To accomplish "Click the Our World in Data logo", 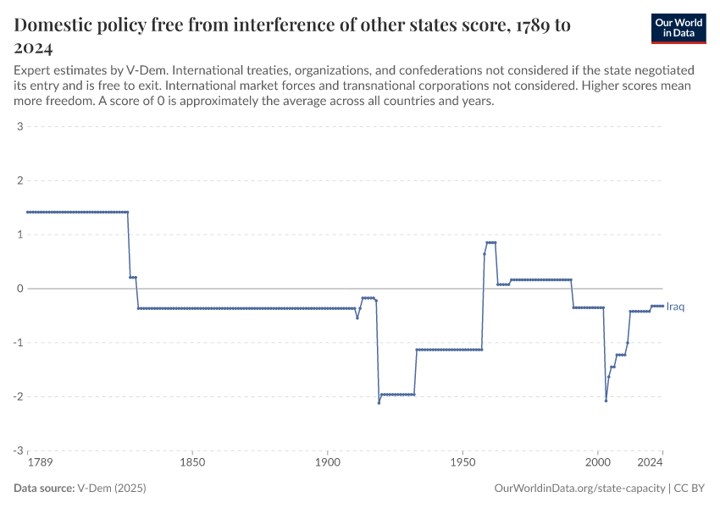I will [678, 28].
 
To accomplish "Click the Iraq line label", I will [676, 306].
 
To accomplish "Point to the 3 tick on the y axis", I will [19, 127].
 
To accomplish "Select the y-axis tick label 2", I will [19, 181].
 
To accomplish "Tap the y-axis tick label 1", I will [19, 235].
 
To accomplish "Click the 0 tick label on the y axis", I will [19, 289].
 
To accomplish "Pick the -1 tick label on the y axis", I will [17, 343].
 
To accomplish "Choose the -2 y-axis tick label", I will [17, 396].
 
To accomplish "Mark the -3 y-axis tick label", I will [17, 450].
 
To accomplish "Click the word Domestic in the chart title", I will [57, 25].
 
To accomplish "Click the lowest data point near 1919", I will [379, 402].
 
